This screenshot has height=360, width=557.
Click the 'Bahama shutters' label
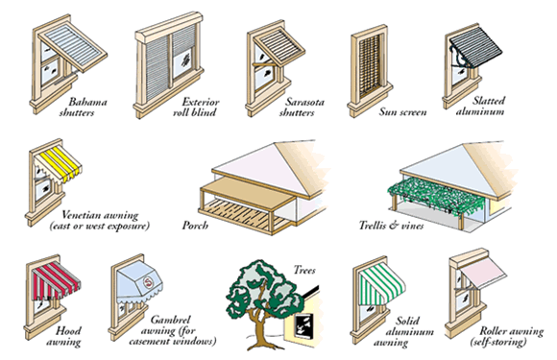(x=83, y=108)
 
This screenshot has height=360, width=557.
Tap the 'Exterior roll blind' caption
(x=196, y=108)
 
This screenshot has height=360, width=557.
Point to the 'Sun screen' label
(x=402, y=112)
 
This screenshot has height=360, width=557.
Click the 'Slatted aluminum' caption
(x=480, y=106)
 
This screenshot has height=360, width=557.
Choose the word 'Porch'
(x=195, y=225)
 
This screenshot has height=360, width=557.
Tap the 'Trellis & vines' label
(x=391, y=225)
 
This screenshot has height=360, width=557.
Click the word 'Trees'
(x=304, y=270)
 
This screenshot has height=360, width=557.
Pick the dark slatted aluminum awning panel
(x=476, y=45)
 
